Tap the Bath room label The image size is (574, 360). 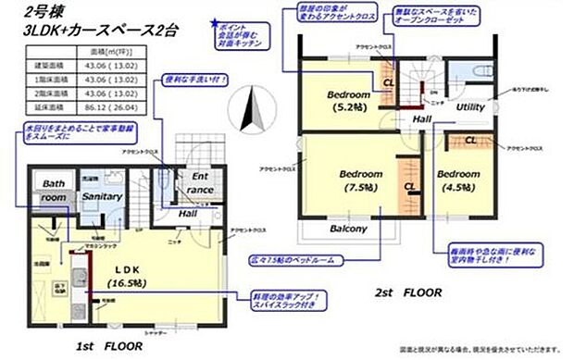[54, 191]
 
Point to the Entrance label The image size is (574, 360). [201, 182]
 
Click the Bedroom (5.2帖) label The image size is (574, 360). [347, 101]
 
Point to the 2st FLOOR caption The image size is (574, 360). [406, 292]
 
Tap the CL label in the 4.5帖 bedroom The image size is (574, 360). [471, 141]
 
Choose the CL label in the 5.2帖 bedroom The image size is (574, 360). [389, 81]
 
